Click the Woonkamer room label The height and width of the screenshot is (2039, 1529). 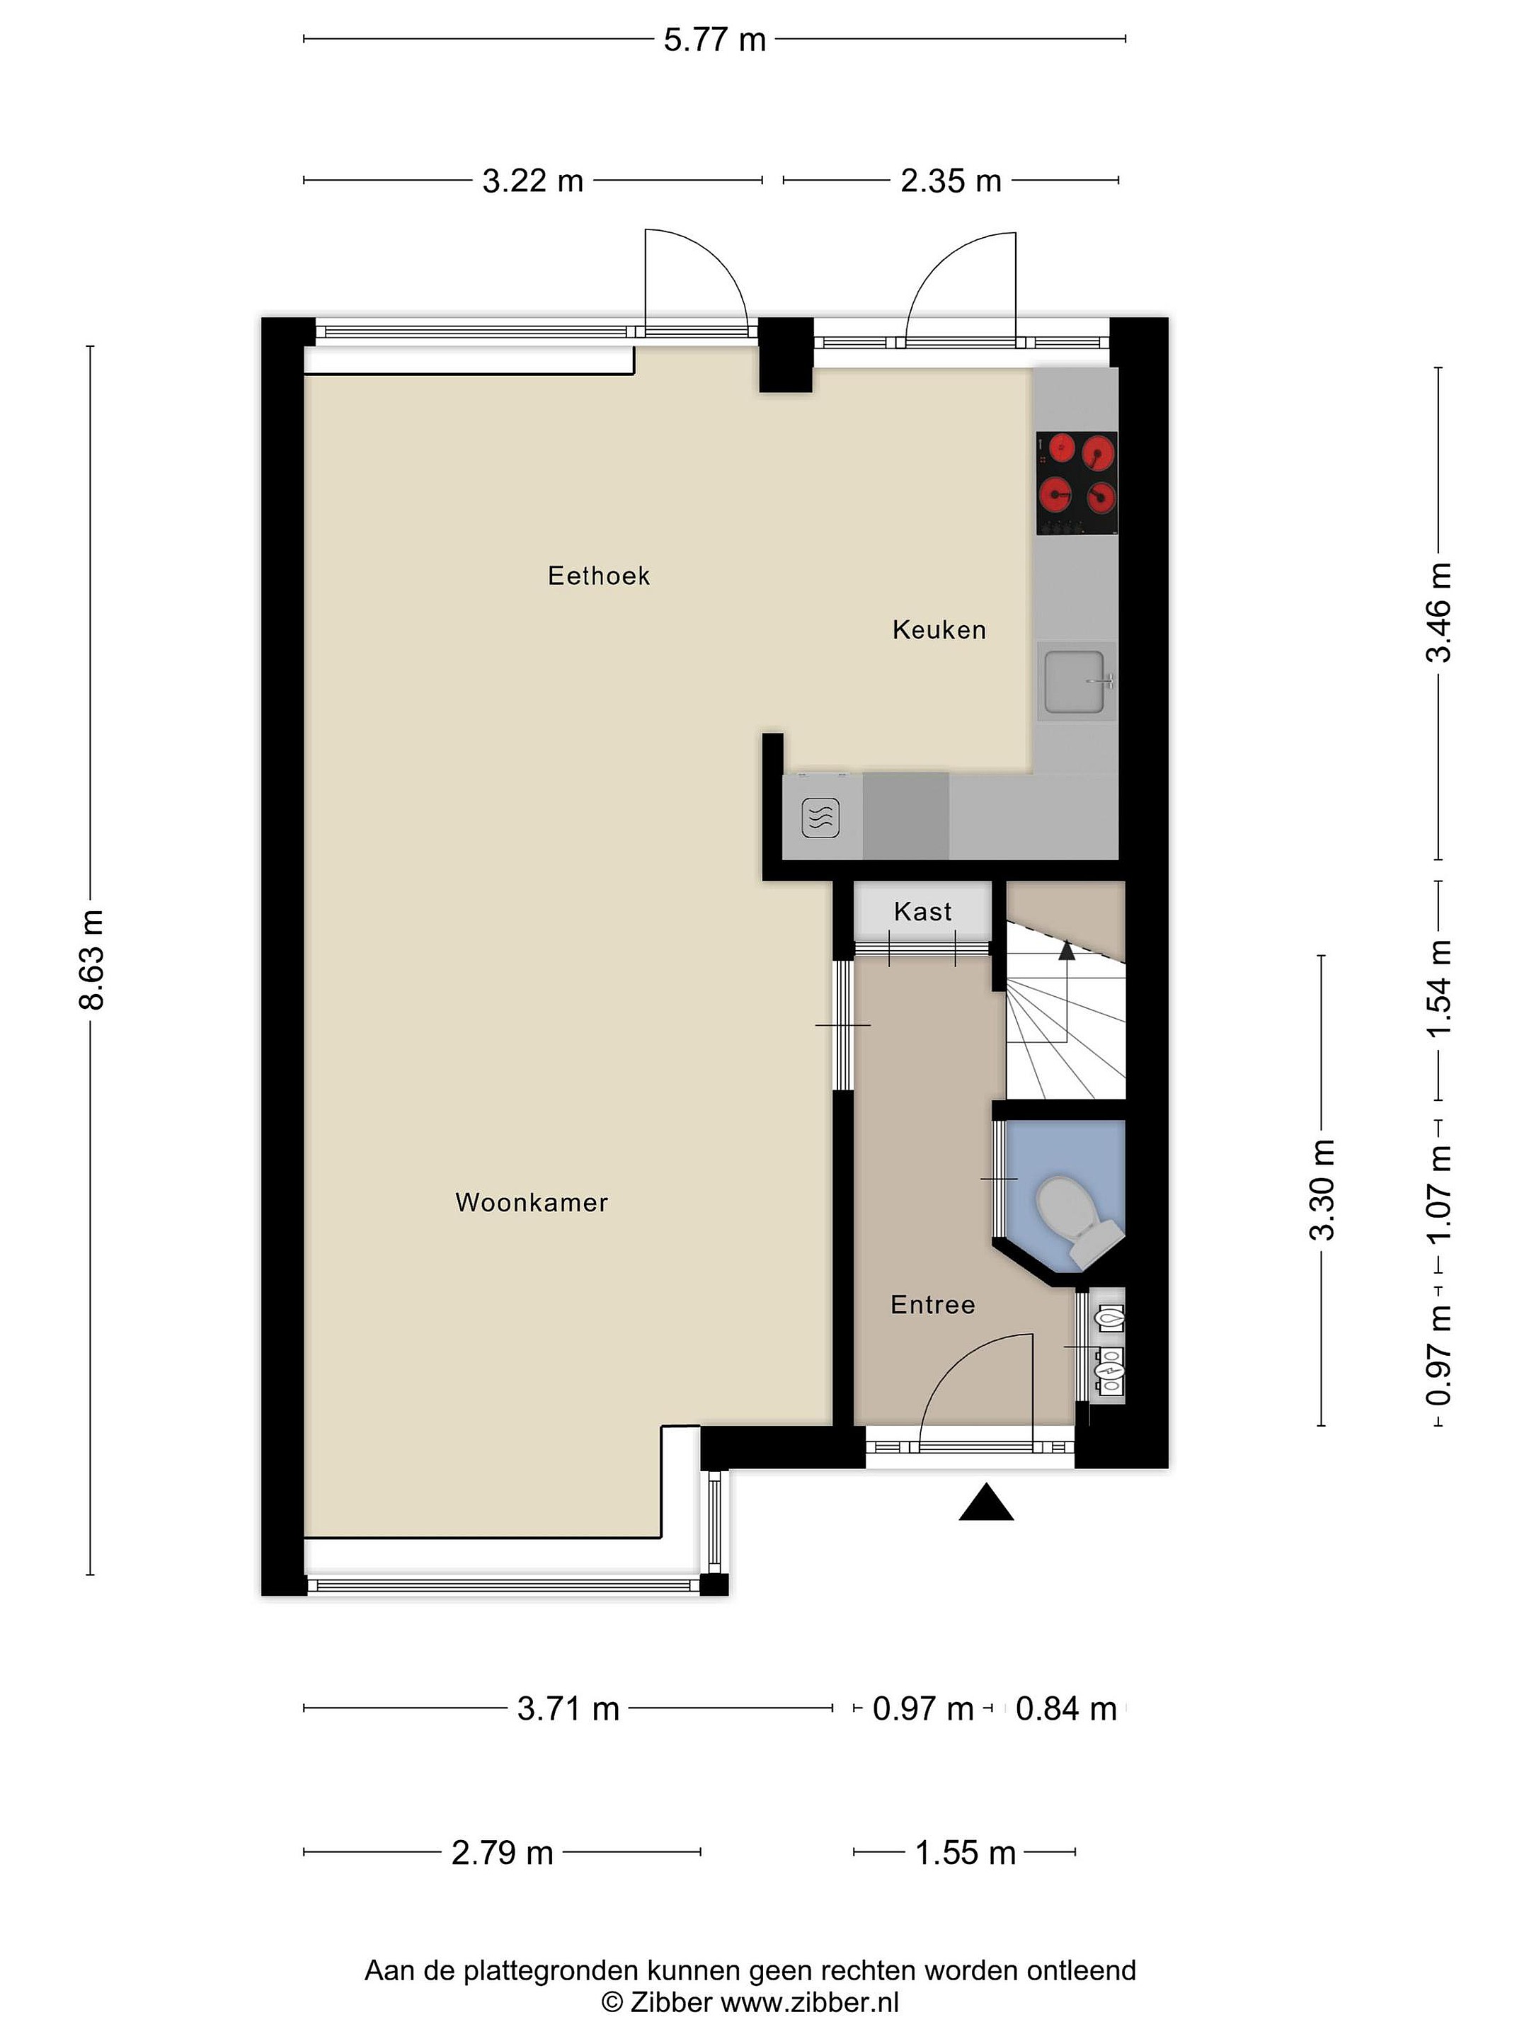coord(532,1202)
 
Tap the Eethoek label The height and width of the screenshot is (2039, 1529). coord(599,576)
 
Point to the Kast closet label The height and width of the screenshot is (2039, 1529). coord(922,912)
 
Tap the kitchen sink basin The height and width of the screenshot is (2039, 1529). coord(1075,681)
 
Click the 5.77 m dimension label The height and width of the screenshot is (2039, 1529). coord(714,40)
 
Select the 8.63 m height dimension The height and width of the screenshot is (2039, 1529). coord(91,959)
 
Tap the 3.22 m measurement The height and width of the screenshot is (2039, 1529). coord(533,181)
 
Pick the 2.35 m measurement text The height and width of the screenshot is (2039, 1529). coord(950,181)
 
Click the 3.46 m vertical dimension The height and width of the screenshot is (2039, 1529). coord(1438,612)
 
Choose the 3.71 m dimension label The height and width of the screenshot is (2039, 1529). coord(568,1708)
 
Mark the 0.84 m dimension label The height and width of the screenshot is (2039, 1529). coord(1066,1708)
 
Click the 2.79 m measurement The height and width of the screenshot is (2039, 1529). coord(503,1852)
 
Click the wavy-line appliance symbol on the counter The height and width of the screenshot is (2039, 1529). coord(820,817)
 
